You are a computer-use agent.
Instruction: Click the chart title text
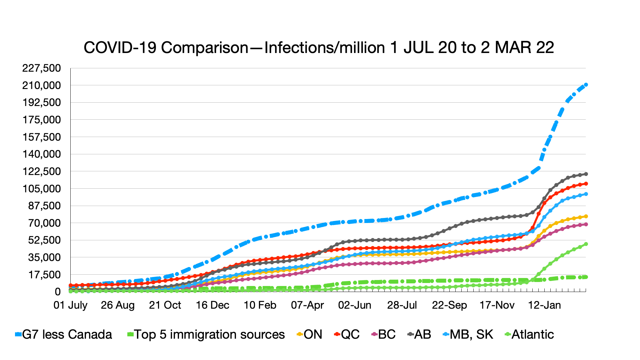319,48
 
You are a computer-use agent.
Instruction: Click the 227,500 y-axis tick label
42,68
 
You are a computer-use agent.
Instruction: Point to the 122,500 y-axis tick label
42,171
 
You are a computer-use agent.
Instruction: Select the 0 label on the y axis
58,292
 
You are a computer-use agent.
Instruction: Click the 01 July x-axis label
70,305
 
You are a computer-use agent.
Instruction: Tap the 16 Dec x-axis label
212,305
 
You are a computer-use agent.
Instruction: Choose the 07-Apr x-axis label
307,305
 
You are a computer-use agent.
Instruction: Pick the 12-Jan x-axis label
544,305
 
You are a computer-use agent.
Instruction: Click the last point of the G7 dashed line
586,85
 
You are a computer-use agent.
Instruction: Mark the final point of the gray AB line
586,174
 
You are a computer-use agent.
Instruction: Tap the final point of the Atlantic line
586,244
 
